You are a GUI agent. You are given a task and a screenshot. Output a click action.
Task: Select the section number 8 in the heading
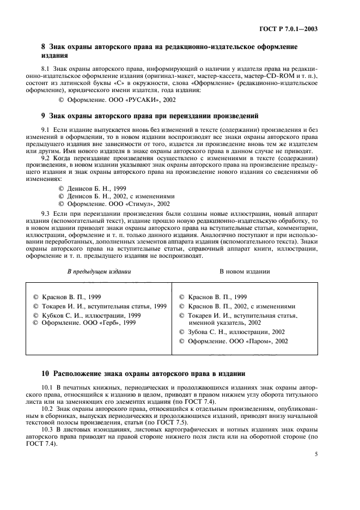44,47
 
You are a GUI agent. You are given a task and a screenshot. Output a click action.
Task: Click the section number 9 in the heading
44,116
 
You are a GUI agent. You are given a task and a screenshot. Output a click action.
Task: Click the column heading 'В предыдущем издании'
99,271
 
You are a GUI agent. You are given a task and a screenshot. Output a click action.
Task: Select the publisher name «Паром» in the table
255,341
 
